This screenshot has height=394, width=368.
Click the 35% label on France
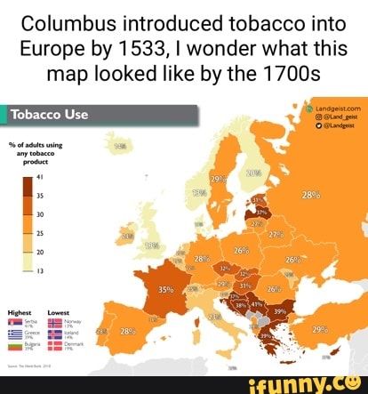pyautogui.click(x=166, y=289)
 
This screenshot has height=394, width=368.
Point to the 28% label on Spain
pyautogui.click(x=126, y=331)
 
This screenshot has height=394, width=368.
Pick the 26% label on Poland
pyautogui.click(x=240, y=251)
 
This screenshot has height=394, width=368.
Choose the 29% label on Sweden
pyautogui.click(x=220, y=178)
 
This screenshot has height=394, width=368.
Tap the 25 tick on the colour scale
pyautogui.click(x=40, y=233)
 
